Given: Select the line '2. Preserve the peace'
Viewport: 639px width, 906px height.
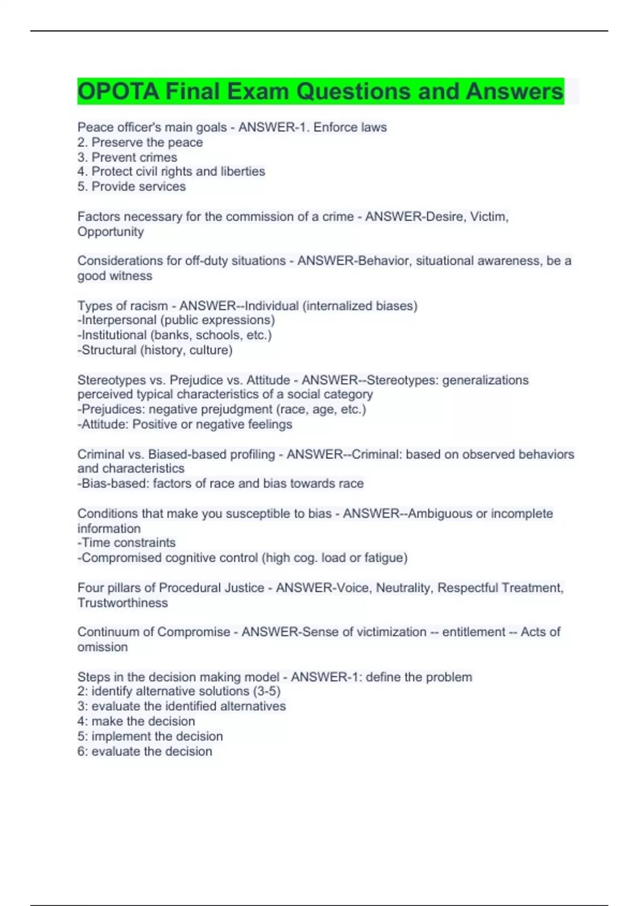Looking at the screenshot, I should tap(140, 142).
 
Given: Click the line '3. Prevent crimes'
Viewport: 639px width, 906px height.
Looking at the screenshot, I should tap(127, 157).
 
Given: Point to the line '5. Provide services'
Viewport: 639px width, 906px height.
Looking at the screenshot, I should tap(132, 187).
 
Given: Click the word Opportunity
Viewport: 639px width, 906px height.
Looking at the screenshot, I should tap(111, 232).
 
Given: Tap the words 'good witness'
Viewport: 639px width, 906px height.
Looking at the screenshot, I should tap(115, 276).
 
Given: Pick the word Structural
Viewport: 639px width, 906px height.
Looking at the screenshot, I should tap(109, 350).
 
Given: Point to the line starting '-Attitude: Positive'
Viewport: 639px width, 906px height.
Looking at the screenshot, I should tap(185, 424).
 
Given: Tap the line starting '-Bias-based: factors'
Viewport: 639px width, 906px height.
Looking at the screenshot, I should tap(220, 483).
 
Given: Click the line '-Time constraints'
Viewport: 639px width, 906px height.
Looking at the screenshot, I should tap(127, 543).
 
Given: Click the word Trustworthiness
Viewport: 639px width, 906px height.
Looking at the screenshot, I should tap(122, 603).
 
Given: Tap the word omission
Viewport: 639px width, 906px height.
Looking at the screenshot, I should tap(103, 647).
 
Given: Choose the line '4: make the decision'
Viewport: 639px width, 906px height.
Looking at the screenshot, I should tap(136, 721).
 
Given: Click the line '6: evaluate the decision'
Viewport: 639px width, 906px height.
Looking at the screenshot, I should tap(145, 751).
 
